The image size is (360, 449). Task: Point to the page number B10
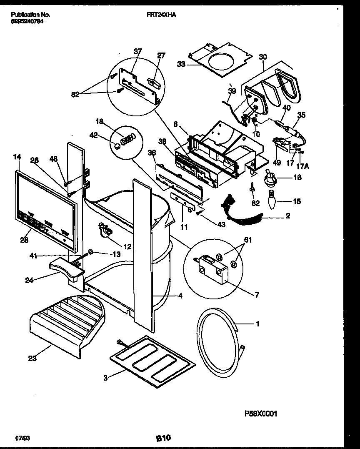coord(163,438)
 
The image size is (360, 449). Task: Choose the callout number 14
coord(17,157)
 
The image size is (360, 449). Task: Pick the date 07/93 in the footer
coord(21,438)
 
